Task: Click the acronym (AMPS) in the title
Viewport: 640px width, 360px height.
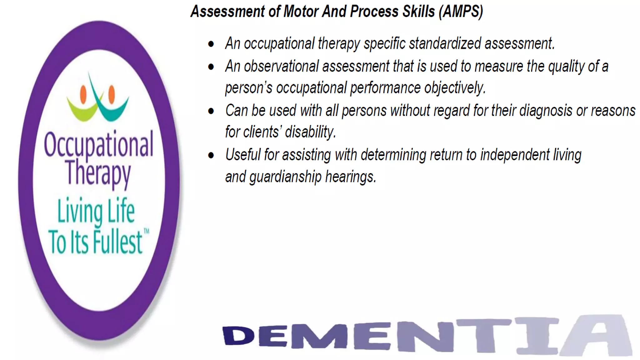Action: (x=461, y=12)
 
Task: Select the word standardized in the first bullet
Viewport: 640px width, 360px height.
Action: (x=445, y=43)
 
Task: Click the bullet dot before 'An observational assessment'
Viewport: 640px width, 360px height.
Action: (x=211, y=67)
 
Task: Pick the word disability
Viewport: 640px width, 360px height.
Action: (x=310, y=132)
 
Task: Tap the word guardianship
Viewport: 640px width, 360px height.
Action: (x=285, y=177)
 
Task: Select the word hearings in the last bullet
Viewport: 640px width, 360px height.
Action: (x=350, y=177)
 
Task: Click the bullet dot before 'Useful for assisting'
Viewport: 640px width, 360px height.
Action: (x=211, y=155)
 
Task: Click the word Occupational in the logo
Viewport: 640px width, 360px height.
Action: (x=98, y=144)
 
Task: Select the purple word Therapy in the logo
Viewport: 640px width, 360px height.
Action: (x=98, y=173)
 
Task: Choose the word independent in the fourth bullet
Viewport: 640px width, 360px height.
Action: (x=515, y=155)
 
